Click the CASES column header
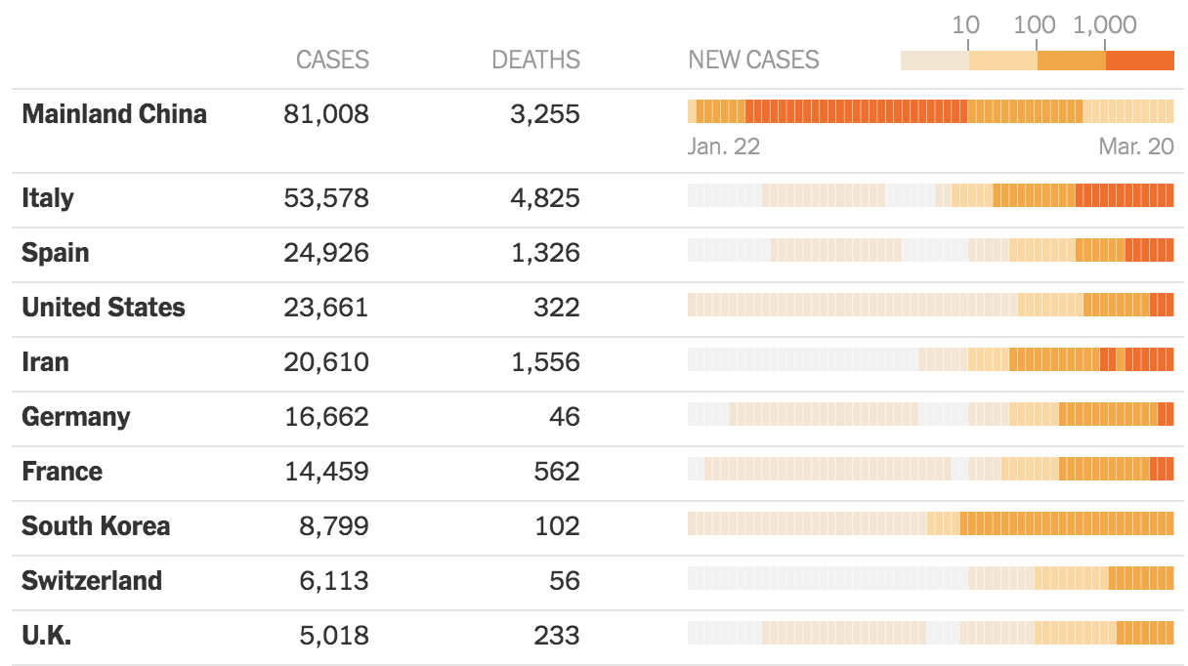pyautogui.click(x=332, y=60)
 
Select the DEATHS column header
pyautogui.click(x=535, y=60)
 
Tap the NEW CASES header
pyautogui.click(x=753, y=60)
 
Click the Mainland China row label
pyautogui.click(x=114, y=114)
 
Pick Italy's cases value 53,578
pyautogui.click(x=326, y=198)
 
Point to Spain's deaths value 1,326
pyautogui.click(x=544, y=253)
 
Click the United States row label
pyautogui.click(x=104, y=308)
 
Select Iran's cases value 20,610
pyautogui.click(x=326, y=362)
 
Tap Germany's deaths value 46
pyautogui.click(x=563, y=417)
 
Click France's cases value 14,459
pyautogui.click(x=326, y=472)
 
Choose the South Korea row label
pyautogui.click(x=96, y=526)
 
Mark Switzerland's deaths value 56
pyautogui.click(x=563, y=581)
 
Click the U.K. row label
pyautogui.click(x=47, y=636)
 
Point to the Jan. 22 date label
pyautogui.click(x=724, y=146)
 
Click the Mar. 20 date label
pyautogui.click(x=1136, y=146)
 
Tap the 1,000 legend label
pyautogui.click(x=1104, y=24)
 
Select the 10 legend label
pyautogui.click(x=965, y=24)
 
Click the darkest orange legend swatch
pyautogui.click(x=1139, y=60)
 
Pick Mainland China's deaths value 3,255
pyautogui.click(x=544, y=114)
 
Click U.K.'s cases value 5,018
pyautogui.click(x=333, y=636)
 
